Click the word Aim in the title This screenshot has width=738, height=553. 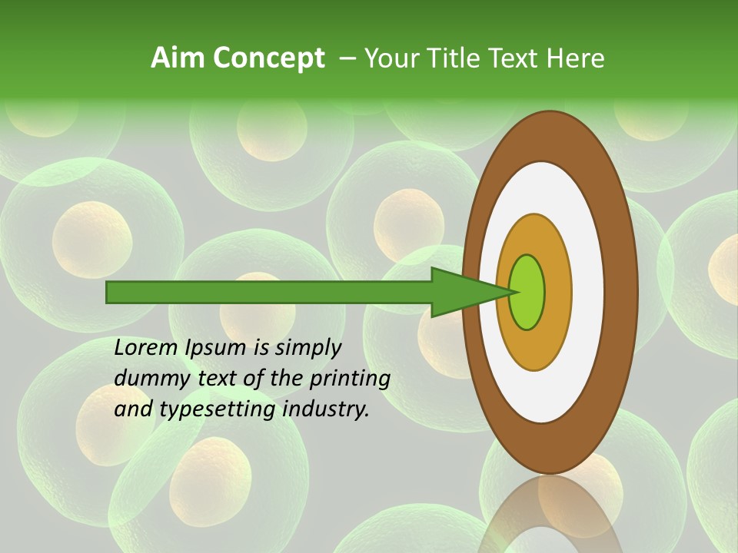[x=178, y=58]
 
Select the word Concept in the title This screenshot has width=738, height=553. [x=268, y=58]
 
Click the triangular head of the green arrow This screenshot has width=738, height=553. [x=461, y=293]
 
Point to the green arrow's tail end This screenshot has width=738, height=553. [x=111, y=293]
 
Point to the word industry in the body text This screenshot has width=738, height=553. [x=326, y=410]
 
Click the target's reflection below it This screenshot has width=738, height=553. [x=550, y=515]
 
